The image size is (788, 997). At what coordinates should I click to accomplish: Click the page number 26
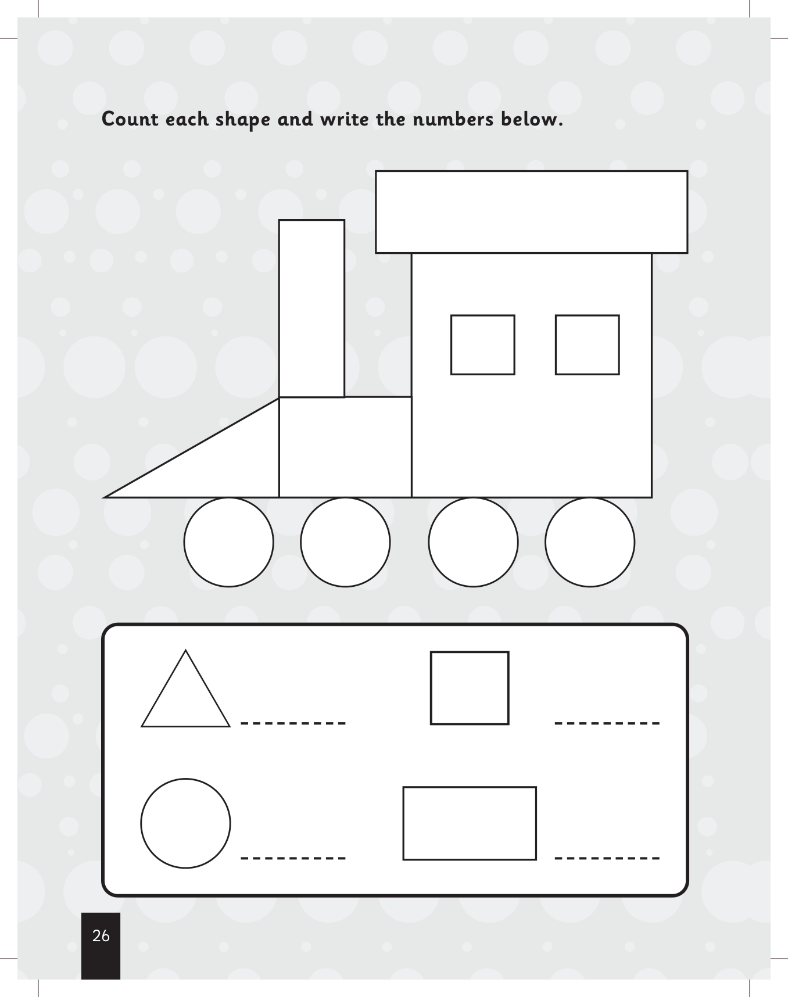[101, 936]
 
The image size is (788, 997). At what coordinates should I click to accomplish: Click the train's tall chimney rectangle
[311, 309]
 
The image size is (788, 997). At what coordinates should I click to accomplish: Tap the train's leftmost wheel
[229, 542]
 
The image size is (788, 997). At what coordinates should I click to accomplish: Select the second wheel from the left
[345, 542]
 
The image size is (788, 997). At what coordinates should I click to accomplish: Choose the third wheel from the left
[473, 542]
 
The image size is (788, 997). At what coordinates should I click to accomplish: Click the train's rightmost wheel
[590, 542]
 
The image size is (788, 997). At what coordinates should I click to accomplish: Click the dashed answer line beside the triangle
[293, 723]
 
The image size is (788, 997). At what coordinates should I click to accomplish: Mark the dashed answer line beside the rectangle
[607, 858]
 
